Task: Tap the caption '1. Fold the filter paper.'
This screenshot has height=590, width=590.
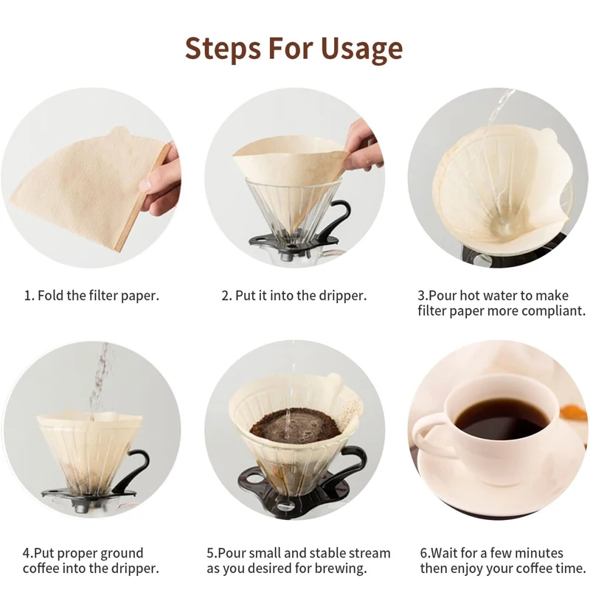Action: point(91,296)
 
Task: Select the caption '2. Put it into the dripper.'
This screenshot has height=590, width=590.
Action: point(294,296)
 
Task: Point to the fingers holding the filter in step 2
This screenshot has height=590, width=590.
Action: point(361,147)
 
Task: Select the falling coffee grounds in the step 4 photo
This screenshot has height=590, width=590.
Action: point(99,380)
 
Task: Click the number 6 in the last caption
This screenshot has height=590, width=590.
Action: point(424,554)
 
